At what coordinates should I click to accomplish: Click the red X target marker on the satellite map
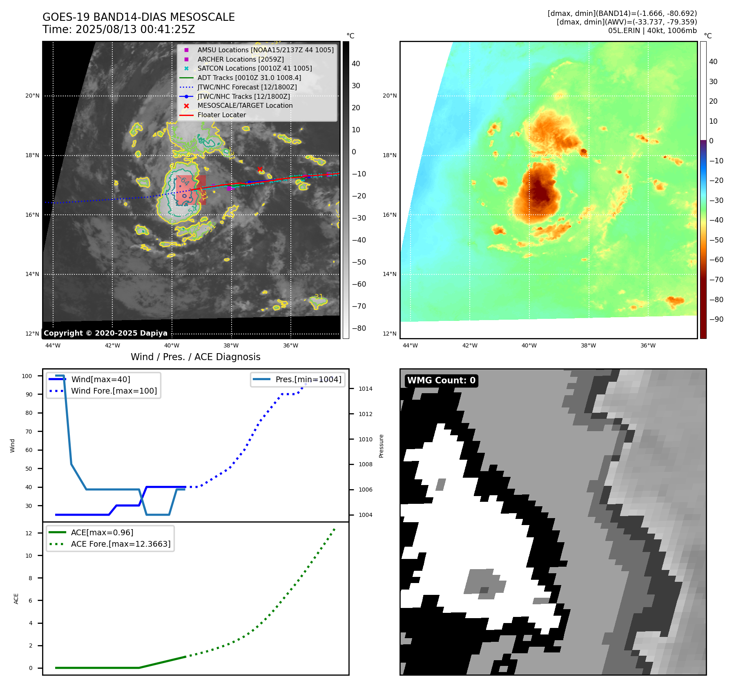pyautogui.click(x=260, y=169)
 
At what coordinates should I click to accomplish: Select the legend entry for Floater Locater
pyautogui.click(x=221, y=115)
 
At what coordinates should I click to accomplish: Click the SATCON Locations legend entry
pyautogui.click(x=254, y=69)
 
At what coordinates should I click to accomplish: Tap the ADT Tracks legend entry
pyautogui.click(x=249, y=78)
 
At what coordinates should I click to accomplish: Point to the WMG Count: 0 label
pyautogui.click(x=441, y=381)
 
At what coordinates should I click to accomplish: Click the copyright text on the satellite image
pyautogui.click(x=105, y=333)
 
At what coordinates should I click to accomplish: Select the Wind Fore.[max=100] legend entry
pyautogui.click(x=114, y=391)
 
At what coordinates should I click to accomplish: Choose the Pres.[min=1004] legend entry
pyautogui.click(x=308, y=379)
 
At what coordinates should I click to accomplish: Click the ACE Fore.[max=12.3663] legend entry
pyautogui.click(x=120, y=544)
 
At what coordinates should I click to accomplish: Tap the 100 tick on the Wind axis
pyautogui.click(x=27, y=376)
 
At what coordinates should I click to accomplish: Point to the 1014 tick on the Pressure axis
pyautogui.click(x=365, y=389)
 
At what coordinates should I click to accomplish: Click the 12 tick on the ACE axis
pyautogui.click(x=29, y=533)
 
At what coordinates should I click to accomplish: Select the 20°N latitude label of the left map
pyautogui.click(x=33, y=96)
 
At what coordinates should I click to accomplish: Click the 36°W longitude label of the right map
pyautogui.click(x=648, y=346)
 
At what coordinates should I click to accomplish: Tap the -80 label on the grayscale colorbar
pyautogui.click(x=359, y=328)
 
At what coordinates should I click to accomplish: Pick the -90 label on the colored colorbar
pyautogui.click(x=716, y=319)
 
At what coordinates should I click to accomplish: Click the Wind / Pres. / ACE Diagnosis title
pyautogui.click(x=195, y=357)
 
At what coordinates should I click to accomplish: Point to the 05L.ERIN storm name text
pyautogui.click(x=622, y=31)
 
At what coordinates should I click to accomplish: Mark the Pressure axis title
pyautogui.click(x=381, y=446)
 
